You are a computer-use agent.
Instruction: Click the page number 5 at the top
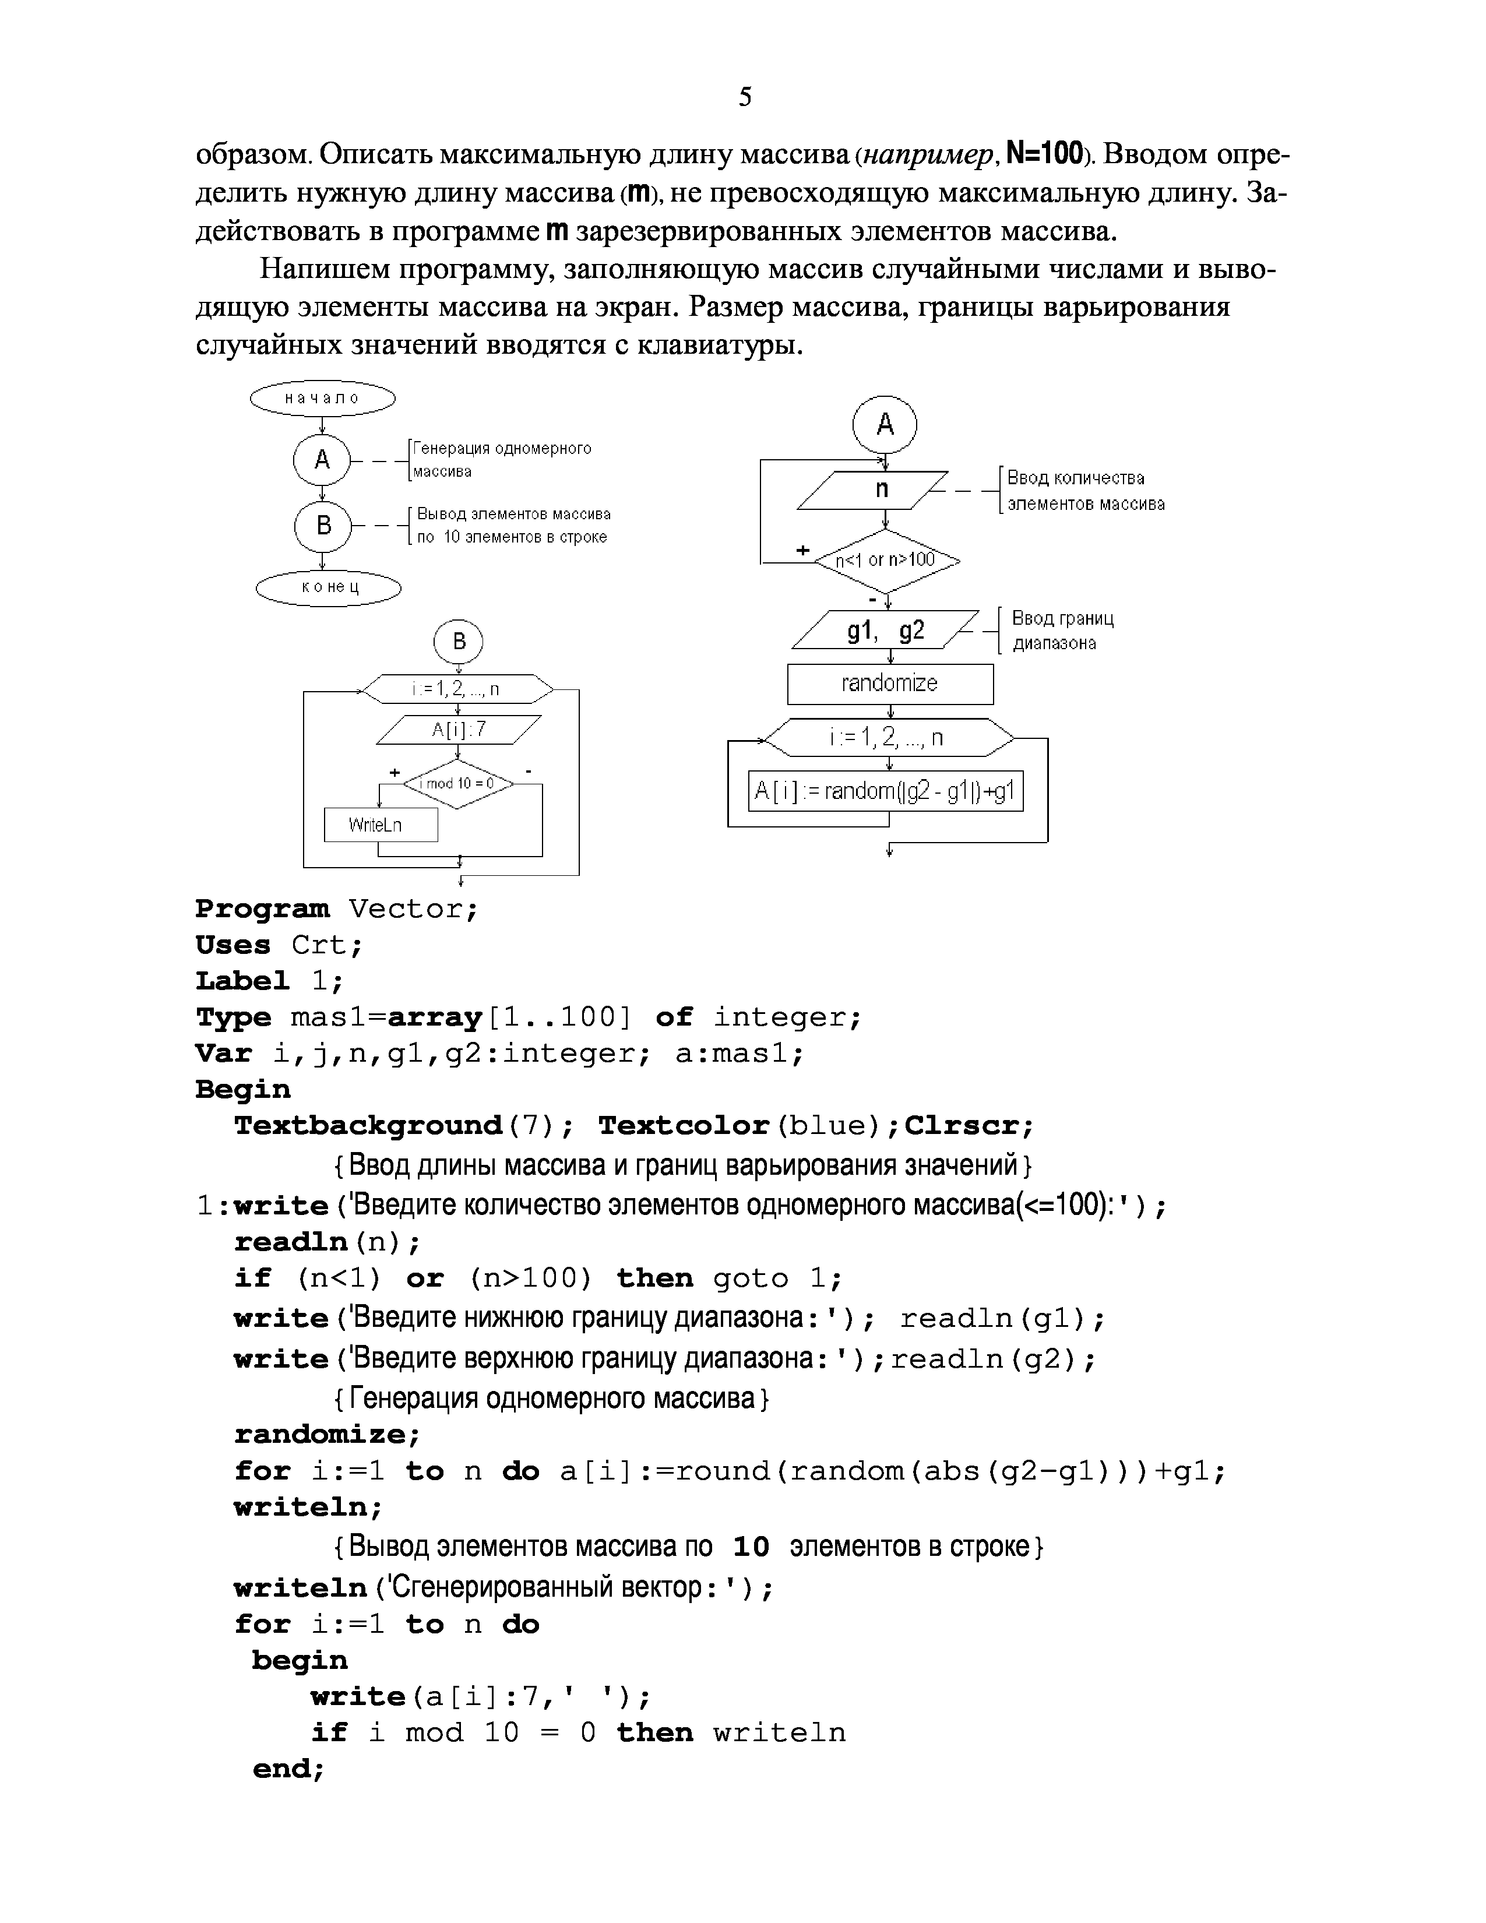[745, 97]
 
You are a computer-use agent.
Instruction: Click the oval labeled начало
[322, 398]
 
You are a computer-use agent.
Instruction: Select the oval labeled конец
[328, 587]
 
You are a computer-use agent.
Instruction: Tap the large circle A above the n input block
[885, 425]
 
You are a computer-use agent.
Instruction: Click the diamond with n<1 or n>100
[886, 560]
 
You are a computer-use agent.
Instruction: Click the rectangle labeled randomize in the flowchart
[890, 684]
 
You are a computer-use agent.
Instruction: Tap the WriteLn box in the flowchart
[381, 825]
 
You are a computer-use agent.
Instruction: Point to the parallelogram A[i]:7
[459, 730]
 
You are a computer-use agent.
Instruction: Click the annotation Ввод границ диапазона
[1062, 631]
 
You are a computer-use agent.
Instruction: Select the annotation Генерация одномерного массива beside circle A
[502, 460]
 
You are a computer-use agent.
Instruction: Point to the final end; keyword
[288, 1769]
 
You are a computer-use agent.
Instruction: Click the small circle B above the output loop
[459, 642]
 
